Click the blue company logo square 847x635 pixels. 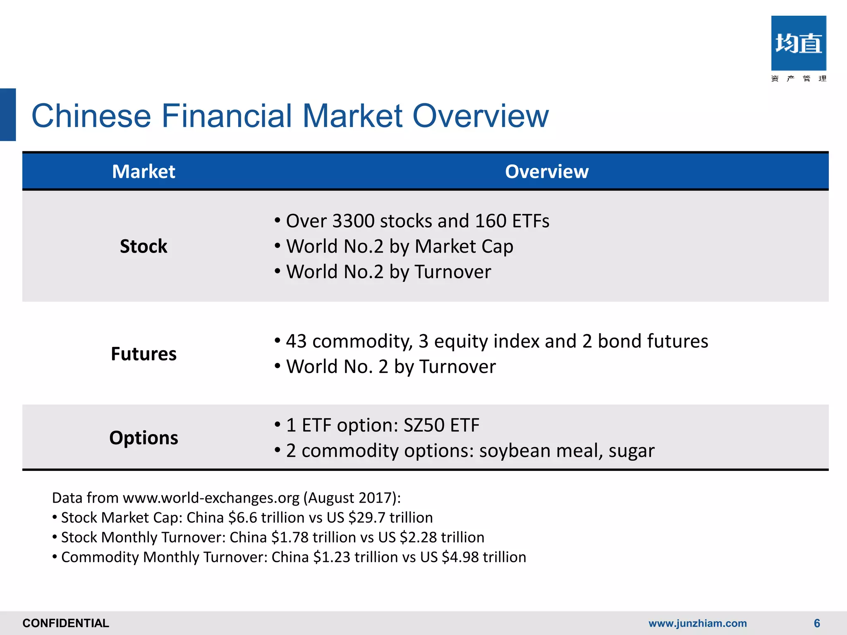[x=798, y=43]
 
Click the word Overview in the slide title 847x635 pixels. [x=481, y=116]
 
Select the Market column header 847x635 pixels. [x=144, y=172]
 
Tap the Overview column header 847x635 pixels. [x=546, y=172]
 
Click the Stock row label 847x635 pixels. [x=144, y=246]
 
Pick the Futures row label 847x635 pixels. [x=144, y=354]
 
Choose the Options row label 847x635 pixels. [x=144, y=438]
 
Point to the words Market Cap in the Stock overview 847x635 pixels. [x=464, y=247]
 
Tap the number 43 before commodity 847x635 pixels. [x=296, y=341]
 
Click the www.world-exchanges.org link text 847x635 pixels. [x=211, y=498]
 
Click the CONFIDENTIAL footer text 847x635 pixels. [x=66, y=623]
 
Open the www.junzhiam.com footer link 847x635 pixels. [x=697, y=623]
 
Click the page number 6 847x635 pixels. [x=817, y=623]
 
